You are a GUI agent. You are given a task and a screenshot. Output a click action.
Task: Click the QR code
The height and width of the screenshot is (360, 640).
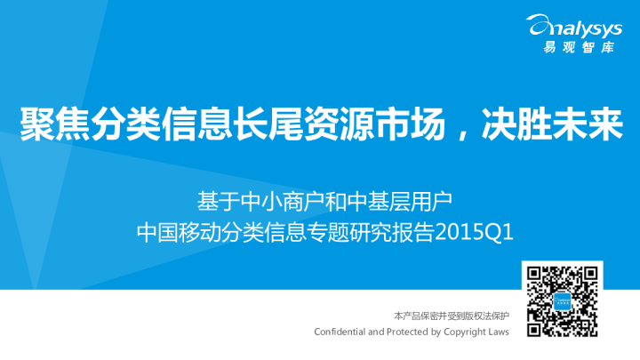559,301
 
